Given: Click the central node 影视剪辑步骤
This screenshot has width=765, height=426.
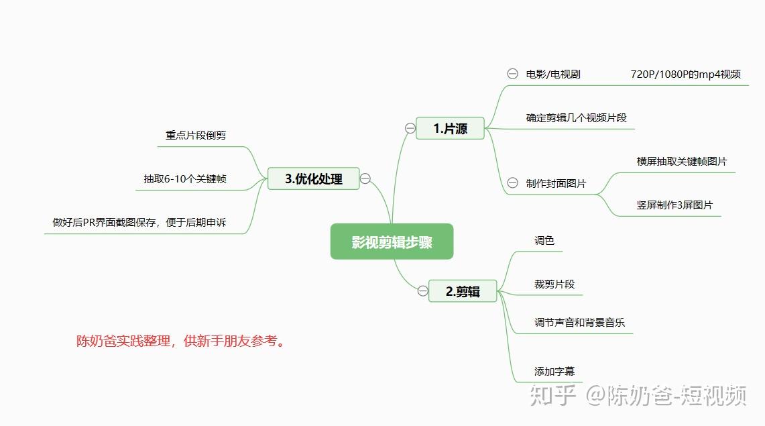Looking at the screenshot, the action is [x=392, y=242].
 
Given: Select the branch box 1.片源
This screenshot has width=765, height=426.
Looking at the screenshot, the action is [x=450, y=128].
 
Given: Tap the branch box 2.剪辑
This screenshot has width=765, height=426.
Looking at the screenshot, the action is [x=463, y=291].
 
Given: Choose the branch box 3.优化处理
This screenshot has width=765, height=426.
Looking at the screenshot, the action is [x=313, y=178].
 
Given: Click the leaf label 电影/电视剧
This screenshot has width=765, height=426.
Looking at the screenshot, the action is [x=553, y=74].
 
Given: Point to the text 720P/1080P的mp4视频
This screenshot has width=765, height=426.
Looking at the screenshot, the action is [x=685, y=74].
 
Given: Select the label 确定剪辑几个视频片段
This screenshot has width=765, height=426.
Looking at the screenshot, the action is [x=576, y=117].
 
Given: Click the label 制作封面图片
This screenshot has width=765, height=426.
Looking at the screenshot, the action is [x=556, y=183].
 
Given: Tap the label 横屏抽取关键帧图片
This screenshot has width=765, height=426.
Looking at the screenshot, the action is [x=681, y=161].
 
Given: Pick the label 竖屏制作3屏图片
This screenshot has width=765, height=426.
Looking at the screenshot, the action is [x=674, y=205].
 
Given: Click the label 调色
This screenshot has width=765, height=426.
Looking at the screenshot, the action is [x=544, y=240].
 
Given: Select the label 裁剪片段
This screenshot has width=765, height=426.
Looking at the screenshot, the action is [x=554, y=284].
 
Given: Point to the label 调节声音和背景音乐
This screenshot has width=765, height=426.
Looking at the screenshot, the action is [x=579, y=322].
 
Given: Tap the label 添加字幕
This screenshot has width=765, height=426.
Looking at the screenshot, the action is [x=554, y=371].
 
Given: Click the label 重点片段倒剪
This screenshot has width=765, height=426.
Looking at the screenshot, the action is [x=196, y=135].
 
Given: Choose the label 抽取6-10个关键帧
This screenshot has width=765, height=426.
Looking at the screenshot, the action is [x=184, y=178].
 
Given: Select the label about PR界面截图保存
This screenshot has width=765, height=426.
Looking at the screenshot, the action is [x=139, y=222].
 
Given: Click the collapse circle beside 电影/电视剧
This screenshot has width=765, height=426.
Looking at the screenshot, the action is [x=512, y=74].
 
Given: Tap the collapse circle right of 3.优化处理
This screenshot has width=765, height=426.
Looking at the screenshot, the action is [x=365, y=178].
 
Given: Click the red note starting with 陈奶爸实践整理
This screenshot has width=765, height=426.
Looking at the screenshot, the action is [x=180, y=341].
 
